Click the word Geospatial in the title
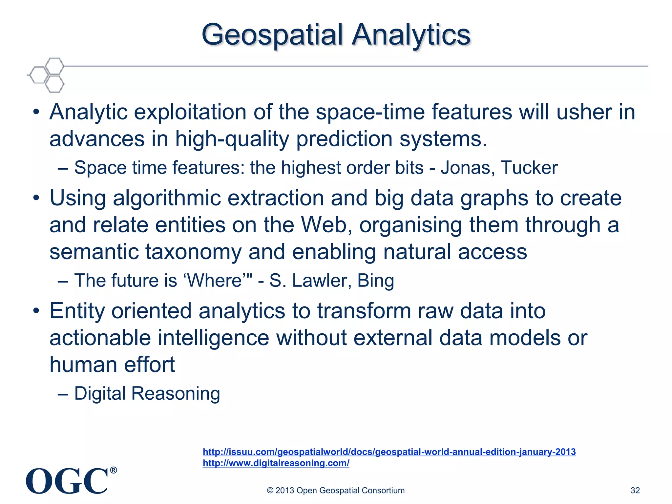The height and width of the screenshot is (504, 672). [272, 35]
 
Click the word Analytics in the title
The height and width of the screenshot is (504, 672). [411, 35]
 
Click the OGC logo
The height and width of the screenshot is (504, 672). [67, 481]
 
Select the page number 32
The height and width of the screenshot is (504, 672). [635, 490]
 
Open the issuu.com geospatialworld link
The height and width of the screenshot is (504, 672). [389, 452]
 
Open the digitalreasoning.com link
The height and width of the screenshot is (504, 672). [276, 463]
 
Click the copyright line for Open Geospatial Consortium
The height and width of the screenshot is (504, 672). [336, 490]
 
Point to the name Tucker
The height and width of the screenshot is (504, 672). [529, 168]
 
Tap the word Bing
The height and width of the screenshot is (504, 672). [375, 281]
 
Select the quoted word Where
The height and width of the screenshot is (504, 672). [215, 281]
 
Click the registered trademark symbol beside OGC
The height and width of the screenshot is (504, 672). [113, 470]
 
